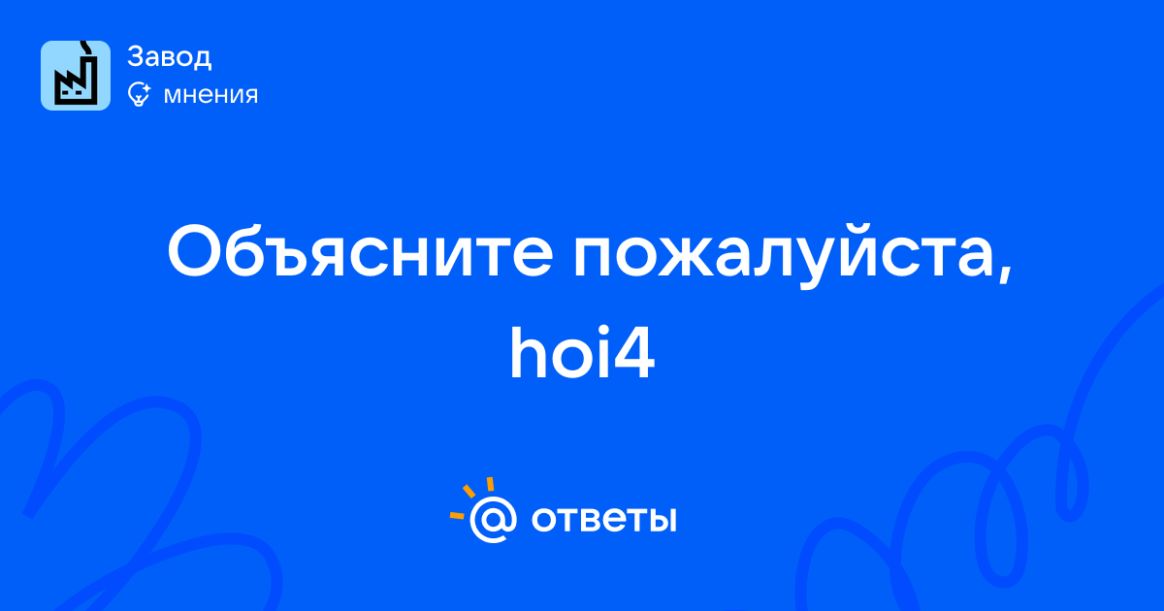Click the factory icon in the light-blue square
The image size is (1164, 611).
(76, 76)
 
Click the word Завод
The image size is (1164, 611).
(170, 56)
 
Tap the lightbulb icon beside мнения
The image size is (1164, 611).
(139, 94)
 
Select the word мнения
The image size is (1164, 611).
(210, 95)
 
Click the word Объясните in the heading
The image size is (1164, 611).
(360, 251)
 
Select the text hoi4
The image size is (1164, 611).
(582, 353)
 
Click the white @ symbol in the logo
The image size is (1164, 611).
(493, 520)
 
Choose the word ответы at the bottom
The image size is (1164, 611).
(603, 520)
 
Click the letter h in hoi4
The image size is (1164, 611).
(530, 353)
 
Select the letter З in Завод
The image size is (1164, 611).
(137, 56)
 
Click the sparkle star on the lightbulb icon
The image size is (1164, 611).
(146, 88)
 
